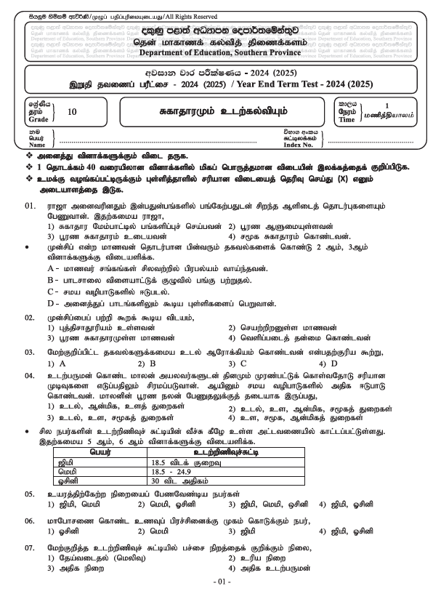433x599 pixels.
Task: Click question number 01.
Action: tap(31, 206)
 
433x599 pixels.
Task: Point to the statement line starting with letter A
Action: tap(145, 269)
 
